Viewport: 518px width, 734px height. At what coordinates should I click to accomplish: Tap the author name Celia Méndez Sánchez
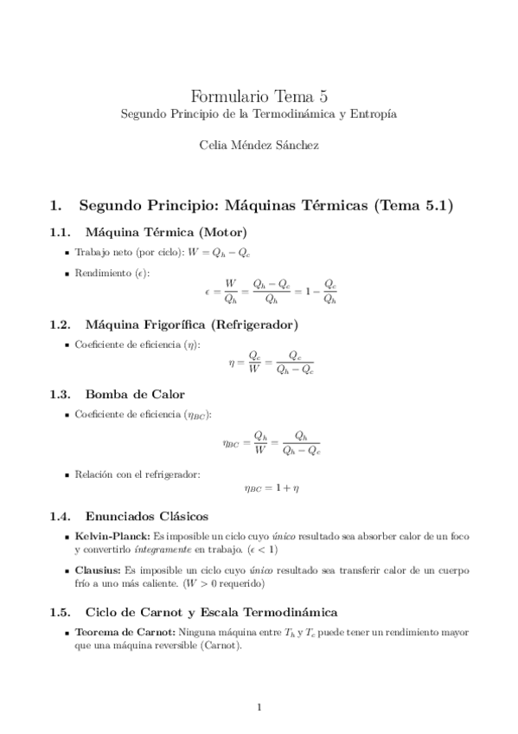[259, 145]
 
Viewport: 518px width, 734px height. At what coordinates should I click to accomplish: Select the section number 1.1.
[59, 232]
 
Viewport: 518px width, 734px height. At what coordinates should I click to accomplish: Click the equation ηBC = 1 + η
[270, 489]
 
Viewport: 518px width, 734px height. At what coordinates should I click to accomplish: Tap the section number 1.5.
[59, 612]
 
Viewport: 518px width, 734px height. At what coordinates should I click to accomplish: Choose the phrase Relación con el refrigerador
[137, 473]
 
